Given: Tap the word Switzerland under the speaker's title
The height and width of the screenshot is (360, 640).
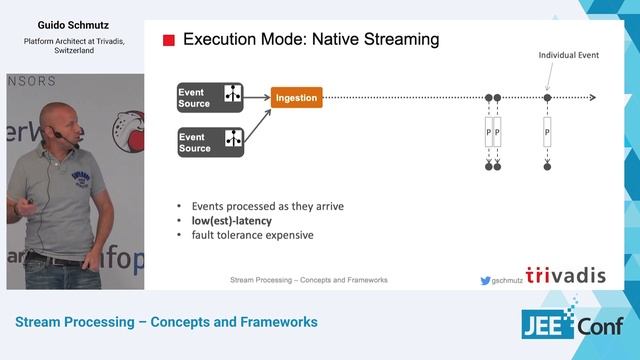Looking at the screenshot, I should coord(59,51).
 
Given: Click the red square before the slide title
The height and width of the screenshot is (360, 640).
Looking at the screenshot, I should coord(168,41).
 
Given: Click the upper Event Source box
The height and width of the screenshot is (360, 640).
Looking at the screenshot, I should coord(210,97).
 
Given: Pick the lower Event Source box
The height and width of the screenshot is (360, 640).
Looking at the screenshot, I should coord(210,141).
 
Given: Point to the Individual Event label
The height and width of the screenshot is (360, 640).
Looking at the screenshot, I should coord(568,55).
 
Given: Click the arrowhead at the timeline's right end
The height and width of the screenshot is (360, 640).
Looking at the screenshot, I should coord(593,98).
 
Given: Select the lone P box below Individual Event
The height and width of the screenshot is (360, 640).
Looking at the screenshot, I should coord(547,132).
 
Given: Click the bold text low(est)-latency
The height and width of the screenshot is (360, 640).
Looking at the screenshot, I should coord(233,221).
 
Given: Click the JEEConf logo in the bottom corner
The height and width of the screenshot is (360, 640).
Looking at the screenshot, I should coord(573,326).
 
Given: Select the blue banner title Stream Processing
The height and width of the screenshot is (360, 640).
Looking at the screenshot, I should coord(165,323).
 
